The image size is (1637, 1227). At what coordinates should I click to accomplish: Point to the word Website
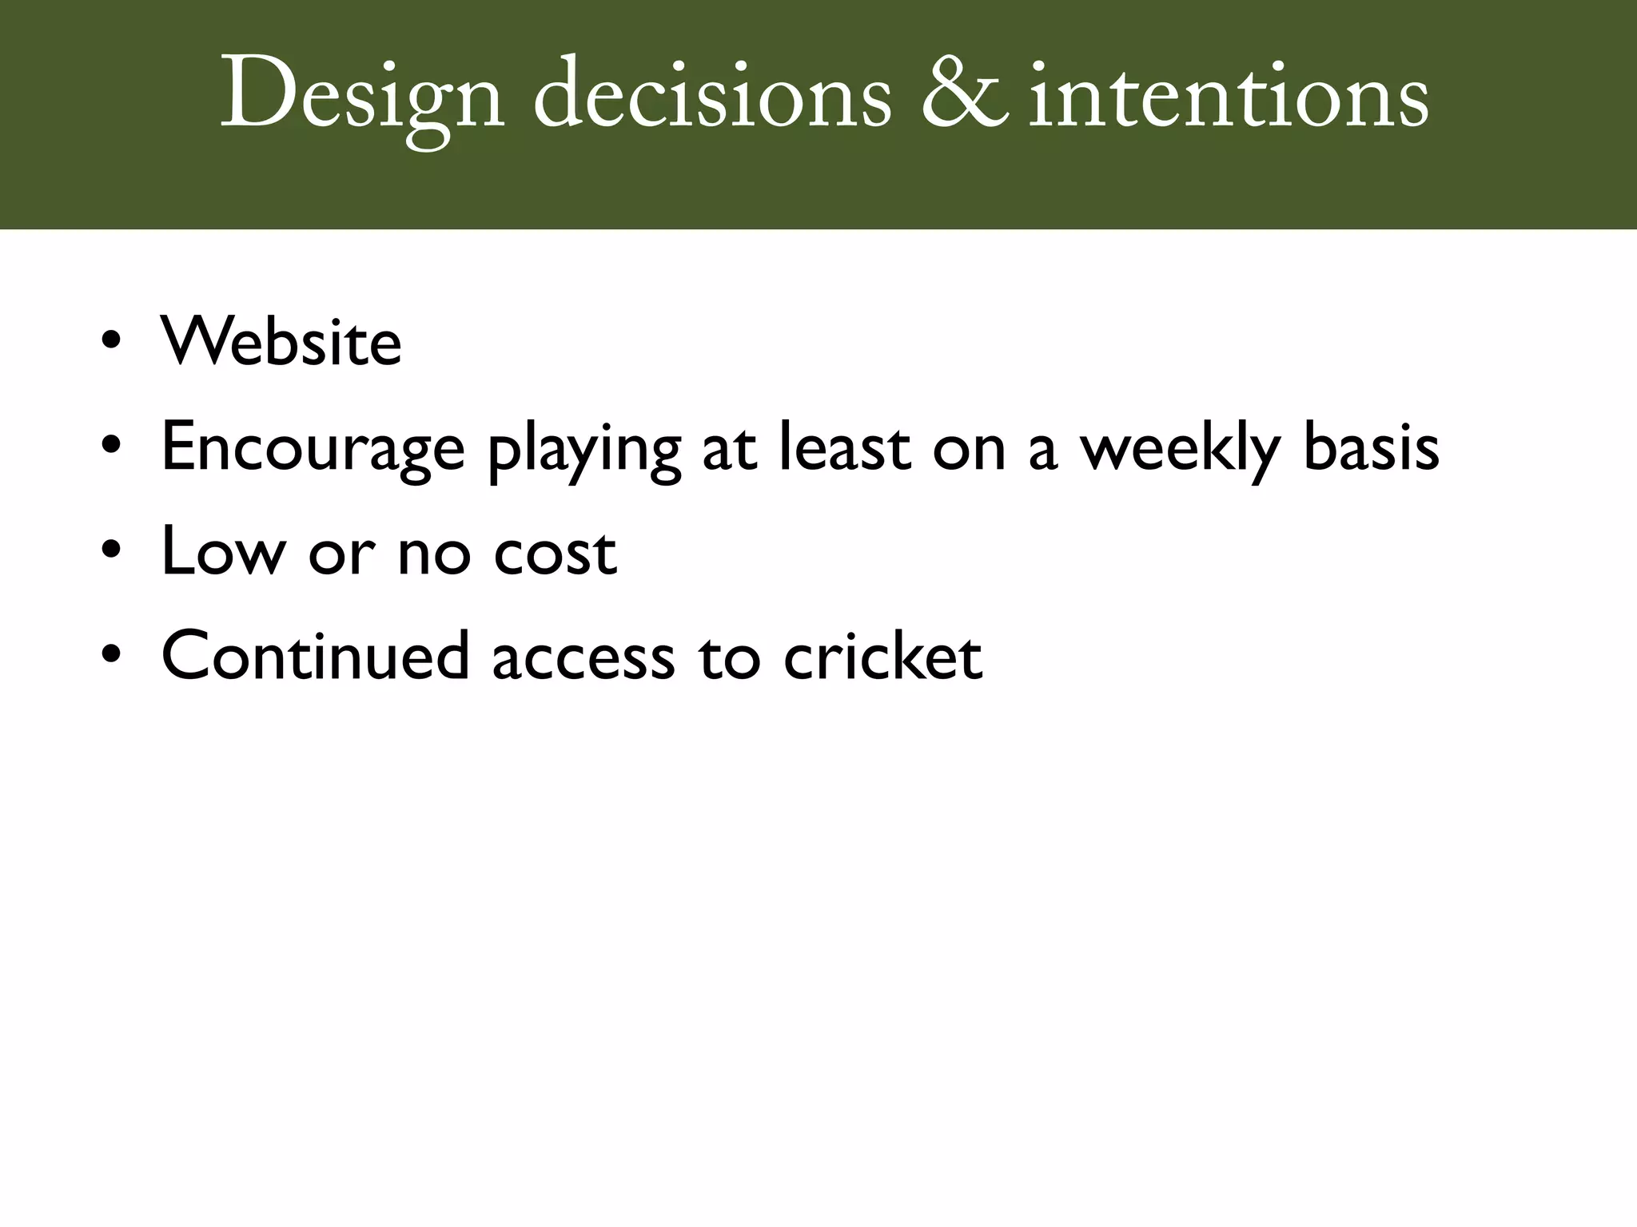pos(281,342)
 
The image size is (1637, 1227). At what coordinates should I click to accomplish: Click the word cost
pos(556,553)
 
